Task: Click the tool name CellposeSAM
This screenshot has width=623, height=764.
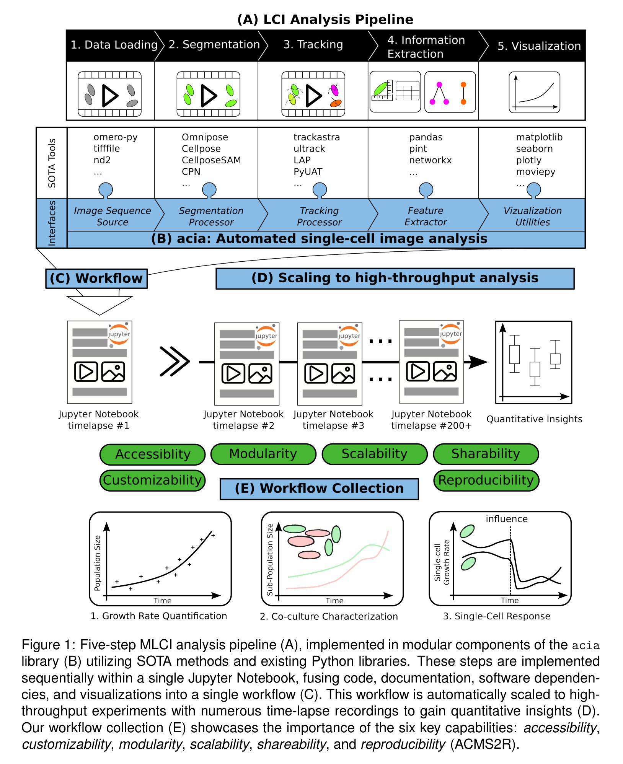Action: (211, 160)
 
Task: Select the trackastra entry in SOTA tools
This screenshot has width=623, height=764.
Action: (316, 137)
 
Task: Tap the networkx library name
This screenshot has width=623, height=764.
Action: (430, 160)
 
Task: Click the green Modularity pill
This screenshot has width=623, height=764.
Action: (263, 454)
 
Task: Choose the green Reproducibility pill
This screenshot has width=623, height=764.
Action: (486, 481)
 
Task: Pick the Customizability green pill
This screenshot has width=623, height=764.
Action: (152, 481)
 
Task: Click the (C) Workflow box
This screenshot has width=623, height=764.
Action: (96, 279)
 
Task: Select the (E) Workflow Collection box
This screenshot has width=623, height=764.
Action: (319, 489)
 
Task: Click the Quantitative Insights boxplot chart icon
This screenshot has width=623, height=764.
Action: (534, 362)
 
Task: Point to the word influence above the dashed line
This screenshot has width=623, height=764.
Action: (507, 519)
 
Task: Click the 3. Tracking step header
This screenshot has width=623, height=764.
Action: (313, 45)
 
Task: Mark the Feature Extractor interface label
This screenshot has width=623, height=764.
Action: (426, 217)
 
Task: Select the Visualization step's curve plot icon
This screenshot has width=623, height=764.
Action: (534, 93)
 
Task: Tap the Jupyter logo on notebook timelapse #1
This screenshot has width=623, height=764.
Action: (119, 334)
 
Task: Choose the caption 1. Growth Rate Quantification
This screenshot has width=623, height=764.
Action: (159, 616)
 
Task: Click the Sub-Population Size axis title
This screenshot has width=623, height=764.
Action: (270, 559)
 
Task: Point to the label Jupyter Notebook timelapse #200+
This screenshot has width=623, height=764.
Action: (431, 420)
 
